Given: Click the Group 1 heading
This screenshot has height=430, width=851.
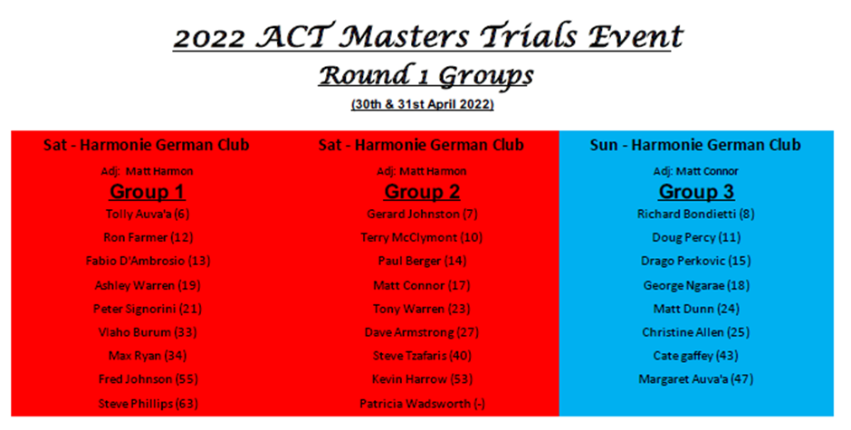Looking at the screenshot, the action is pos(147,192).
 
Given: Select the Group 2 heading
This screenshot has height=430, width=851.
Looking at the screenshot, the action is pos(422,192).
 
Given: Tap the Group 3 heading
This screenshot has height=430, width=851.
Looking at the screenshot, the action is pos(696,192).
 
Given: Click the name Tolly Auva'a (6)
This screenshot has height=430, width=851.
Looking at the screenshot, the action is pos(148,214).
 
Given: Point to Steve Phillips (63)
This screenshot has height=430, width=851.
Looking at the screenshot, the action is pos(148,404).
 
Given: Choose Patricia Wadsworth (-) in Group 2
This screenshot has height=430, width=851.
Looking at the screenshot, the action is pos(422,404).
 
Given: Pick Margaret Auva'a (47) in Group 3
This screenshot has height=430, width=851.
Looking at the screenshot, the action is pos(696,379).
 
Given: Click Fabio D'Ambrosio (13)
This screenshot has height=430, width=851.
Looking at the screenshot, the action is pos(148,261).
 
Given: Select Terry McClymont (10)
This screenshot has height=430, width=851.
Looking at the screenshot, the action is pos(422,237).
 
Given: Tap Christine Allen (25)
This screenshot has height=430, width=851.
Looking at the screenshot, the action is pos(696,331).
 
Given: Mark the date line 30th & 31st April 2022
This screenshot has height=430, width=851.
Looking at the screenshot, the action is pos(422,104).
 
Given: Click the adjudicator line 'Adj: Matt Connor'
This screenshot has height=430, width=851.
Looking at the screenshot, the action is pos(696,172).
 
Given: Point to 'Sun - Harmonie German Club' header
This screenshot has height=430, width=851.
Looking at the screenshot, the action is pos(696,145).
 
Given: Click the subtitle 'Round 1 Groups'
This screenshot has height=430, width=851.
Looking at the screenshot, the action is pos(426,75).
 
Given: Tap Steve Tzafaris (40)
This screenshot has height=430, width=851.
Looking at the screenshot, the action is pos(422,356).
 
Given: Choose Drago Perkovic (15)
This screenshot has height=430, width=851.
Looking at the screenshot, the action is pos(696,261).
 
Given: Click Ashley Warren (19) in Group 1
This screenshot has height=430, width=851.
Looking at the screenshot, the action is pos(148,285).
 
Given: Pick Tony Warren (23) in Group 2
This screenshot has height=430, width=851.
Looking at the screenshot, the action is pos(422,309).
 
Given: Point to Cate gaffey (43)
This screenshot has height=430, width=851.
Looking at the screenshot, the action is pos(696,356).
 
